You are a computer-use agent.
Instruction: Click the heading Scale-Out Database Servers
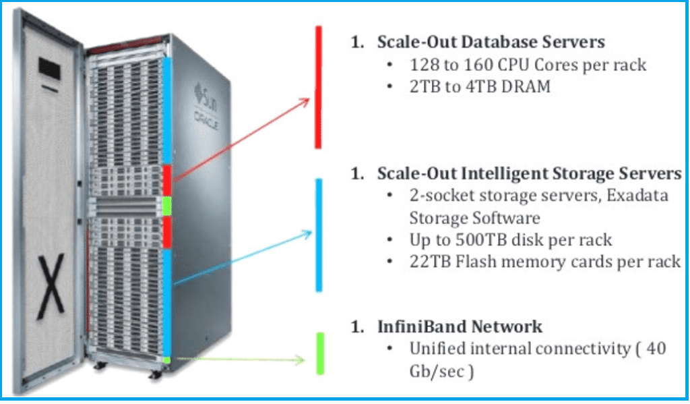click(x=491, y=42)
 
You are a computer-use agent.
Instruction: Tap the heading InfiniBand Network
click(x=460, y=327)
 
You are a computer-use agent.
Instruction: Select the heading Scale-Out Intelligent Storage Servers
click(x=529, y=173)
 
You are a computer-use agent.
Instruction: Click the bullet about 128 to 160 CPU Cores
click(x=528, y=65)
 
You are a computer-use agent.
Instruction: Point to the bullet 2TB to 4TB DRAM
click(x=480, y=86)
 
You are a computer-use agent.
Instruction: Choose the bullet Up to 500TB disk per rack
click(x=510, y=240)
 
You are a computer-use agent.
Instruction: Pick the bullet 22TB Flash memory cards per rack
click(x=545, y=262)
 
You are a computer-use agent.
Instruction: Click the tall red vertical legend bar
click(x=319, y=87)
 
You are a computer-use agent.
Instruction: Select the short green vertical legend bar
click(x=320, y=353)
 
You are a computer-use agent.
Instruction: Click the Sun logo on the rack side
click(x=206, y=90)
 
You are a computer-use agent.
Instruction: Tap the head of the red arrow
click(x=306, y=101)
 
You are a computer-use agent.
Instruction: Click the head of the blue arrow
click(x=308, y=233)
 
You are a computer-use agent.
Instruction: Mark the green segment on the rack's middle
click(x=167, y=204)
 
